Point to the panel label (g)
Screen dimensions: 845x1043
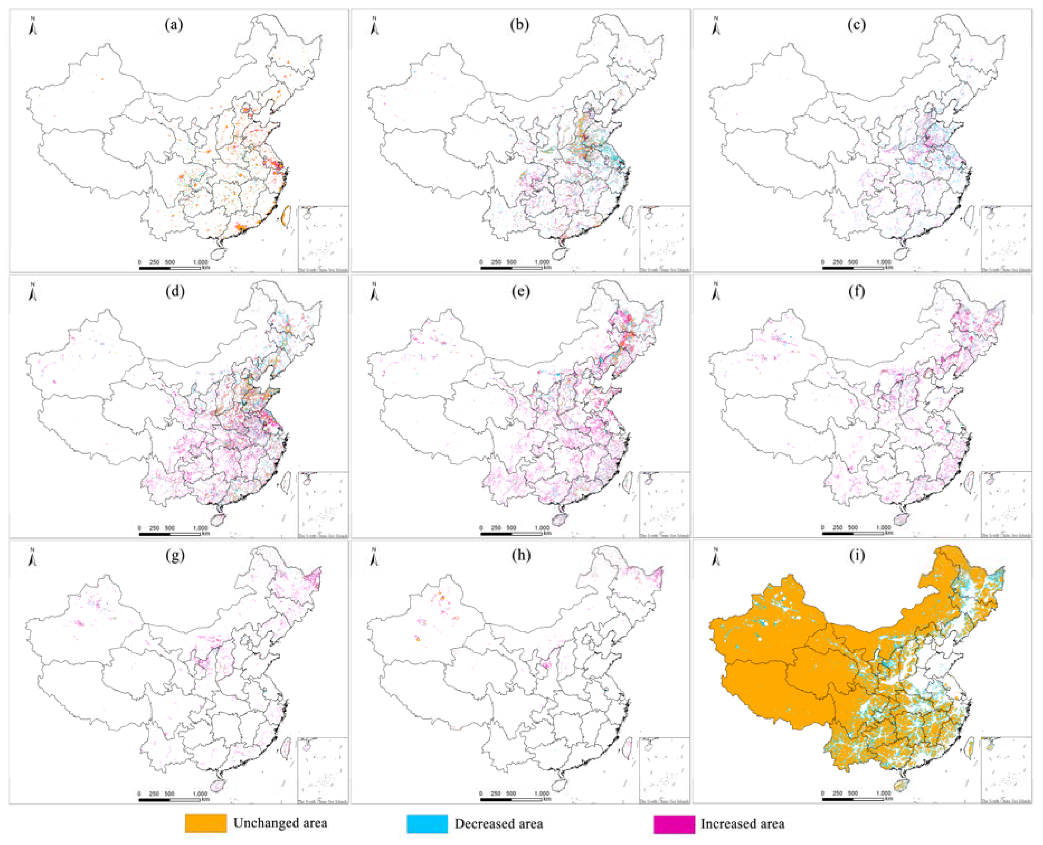pyautogui.click(x=174, y=556)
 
